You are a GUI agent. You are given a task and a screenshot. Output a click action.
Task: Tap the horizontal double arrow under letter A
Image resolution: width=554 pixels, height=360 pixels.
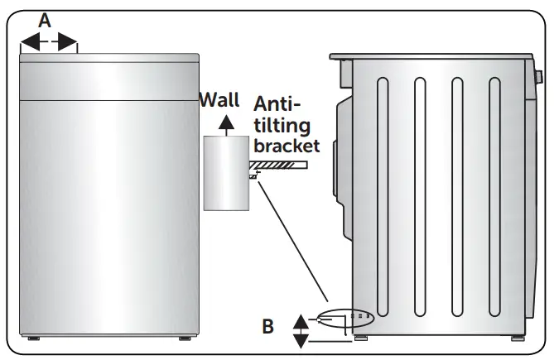pos(48,41)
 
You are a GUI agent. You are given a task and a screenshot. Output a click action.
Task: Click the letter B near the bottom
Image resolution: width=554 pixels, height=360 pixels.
pos(267,326)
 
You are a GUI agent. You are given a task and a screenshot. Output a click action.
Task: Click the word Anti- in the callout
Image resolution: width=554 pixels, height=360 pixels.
pos(276,105)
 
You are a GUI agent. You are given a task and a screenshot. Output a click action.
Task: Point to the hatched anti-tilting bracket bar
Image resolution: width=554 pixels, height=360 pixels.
pos(282,166)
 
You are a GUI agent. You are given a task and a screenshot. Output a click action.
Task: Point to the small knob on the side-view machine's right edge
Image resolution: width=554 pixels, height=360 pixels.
pos(538,79)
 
